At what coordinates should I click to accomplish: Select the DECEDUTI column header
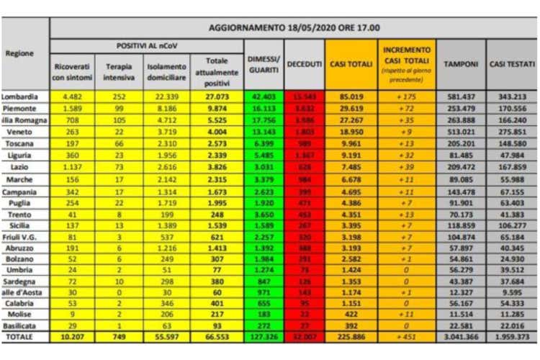304,65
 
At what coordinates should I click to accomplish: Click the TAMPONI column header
461,65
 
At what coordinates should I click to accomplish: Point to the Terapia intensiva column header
118,71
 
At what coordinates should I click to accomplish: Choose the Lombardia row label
20,96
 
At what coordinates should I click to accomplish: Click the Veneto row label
20,131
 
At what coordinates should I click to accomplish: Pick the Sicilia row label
20,225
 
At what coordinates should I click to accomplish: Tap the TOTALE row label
20,337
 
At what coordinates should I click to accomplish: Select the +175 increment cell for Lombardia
407,96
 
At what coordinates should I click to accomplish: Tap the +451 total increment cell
407,337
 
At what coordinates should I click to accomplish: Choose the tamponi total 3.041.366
461,337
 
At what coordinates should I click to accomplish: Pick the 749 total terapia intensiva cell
118,337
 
